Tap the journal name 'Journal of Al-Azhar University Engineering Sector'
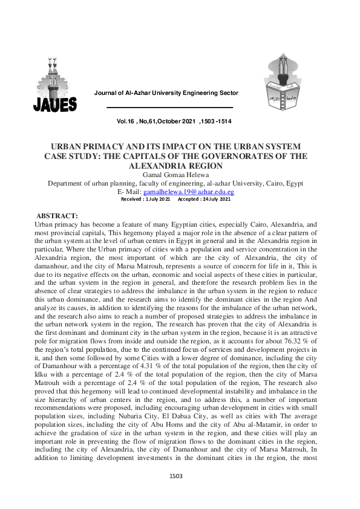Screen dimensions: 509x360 (x=166, y=93)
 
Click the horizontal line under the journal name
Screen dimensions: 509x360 (x=169, y=108)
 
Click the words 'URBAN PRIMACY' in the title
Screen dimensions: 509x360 (x=84, y=147)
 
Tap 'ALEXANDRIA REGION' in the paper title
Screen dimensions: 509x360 (x=180, y=164)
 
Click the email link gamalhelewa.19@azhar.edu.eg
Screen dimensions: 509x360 (x=188, y=192)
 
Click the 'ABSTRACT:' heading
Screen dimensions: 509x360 (x=58, y=216)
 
